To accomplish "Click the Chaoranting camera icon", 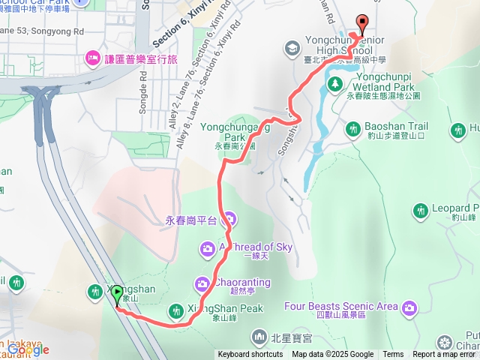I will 202,283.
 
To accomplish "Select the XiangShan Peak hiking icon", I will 175,310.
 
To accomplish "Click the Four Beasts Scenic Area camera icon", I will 409,307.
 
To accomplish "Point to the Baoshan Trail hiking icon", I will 353,130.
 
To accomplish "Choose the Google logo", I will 28,349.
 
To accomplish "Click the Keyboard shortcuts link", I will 250,355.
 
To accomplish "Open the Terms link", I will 393,355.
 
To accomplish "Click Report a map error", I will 445,355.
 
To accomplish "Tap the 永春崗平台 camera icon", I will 229,220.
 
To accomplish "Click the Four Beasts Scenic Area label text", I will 341,306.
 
